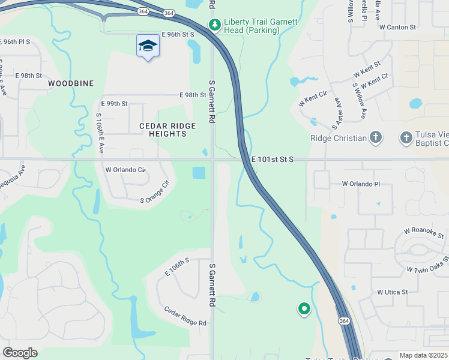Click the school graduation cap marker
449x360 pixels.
coord(148,46)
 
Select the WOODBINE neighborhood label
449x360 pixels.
coord(71,83)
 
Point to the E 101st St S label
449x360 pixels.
coord(273,160)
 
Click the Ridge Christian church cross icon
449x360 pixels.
coord(376,138)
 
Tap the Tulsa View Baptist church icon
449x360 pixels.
coord(406,138)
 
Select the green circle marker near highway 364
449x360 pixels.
coord(304,309)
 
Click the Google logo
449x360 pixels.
coord(20,353)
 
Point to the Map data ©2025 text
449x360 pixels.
coord(423,355)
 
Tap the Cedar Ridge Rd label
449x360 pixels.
coord(185,316)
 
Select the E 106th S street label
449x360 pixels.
coord(177,267)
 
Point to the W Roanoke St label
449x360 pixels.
coord(424,232)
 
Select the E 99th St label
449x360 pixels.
coord(115,104)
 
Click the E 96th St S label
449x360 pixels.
coord(178,35)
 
